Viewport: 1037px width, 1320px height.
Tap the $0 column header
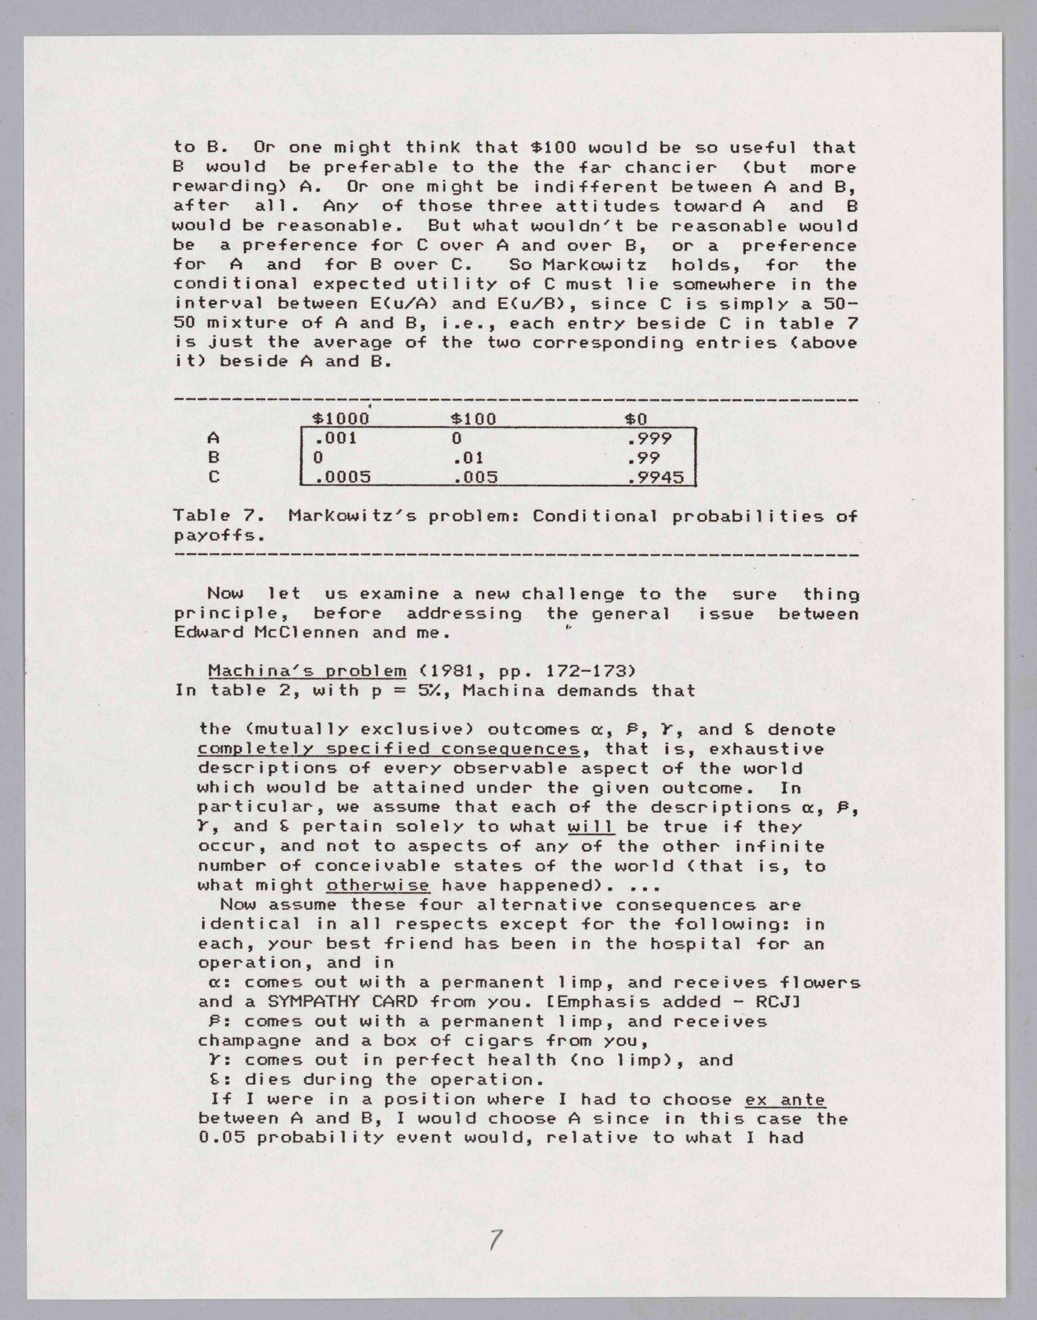tap(636, 419)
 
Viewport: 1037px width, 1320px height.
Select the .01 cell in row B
tap(469, 458)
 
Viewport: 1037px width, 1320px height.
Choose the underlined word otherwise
tap(378, 885)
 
